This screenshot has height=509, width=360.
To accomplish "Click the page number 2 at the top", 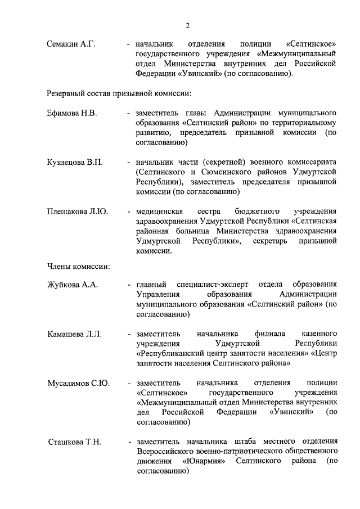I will click(187, 25).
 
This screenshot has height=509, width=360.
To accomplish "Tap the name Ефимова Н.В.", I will click(72, 113).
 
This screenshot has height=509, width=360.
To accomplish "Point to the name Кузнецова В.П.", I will click(75, 163).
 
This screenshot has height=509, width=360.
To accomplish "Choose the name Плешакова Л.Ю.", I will click(78, 211).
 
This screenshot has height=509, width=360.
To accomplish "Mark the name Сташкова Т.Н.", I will click(74, 442).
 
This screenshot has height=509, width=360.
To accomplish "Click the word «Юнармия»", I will click(204, 461).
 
